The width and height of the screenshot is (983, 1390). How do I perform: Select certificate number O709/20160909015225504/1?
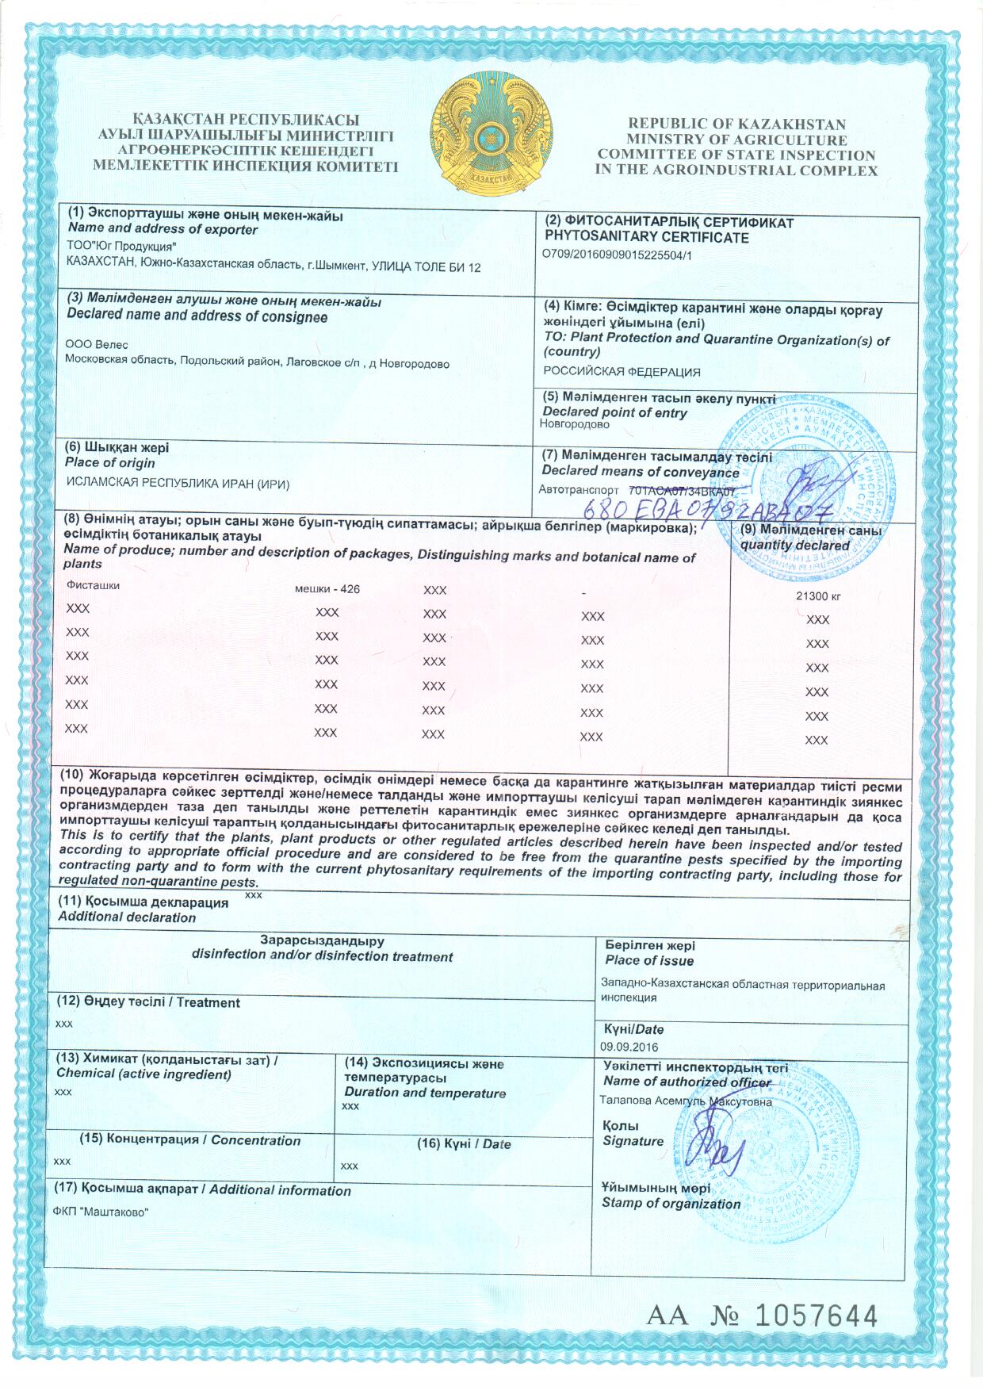(x=618, y=255)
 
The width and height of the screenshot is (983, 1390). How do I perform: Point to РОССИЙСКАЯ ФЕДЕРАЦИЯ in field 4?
(x=622, y=371)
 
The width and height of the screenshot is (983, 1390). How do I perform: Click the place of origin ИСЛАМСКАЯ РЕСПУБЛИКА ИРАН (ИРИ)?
(x=177, y=484)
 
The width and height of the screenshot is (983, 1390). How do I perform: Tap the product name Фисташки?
(x=94, y=585)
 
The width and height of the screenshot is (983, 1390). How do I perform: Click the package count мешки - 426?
(x=327, y=589)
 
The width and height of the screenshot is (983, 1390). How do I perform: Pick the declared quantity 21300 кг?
(x=818, y=596)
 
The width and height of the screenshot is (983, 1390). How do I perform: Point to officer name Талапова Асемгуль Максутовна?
(x=686, y=1101)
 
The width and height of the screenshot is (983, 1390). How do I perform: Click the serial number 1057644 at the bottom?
(x=816, y=1315)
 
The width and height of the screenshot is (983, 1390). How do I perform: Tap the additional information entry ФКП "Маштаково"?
(x=101, y=1212)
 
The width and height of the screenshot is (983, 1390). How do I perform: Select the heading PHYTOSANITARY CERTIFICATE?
(x=646, y=237)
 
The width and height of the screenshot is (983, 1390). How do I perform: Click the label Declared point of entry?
(x=614, y=412)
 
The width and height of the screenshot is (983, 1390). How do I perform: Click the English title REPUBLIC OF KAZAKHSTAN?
(x=736, y=124)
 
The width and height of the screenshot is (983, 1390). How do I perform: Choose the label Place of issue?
(x=648, y=961)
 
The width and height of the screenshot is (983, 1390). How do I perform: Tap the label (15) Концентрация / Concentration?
(x=190, y=1140)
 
